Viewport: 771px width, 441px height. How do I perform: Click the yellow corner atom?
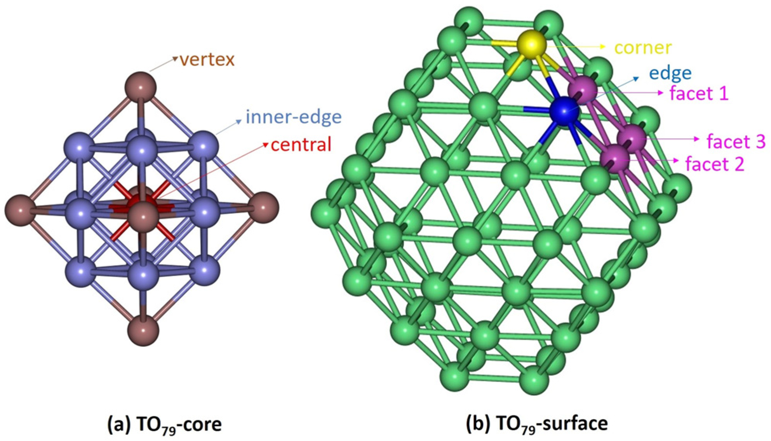(x=531, y=45)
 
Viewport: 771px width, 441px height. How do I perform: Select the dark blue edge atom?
(x=564, y=111)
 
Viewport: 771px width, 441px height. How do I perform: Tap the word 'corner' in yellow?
(x=643, y=47)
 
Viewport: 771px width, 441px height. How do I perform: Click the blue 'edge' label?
(x=670, y=73)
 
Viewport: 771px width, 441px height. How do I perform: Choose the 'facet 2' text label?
(x=715, y=164)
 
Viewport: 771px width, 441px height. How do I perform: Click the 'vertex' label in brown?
(x=207, y=59)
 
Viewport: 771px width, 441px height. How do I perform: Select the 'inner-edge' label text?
(x=294, y=117)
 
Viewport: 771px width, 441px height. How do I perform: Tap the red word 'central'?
(x=301, y=145)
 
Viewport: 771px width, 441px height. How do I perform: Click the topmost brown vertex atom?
(x=141, y=87)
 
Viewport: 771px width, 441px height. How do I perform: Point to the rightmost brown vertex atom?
(x=263, y=207)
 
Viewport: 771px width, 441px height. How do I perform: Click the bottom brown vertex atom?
(x=143, y=330)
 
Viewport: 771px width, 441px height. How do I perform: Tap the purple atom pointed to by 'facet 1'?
(x=582, y=90)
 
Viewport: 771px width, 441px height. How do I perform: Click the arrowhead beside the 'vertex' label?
(x=175, y=59)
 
